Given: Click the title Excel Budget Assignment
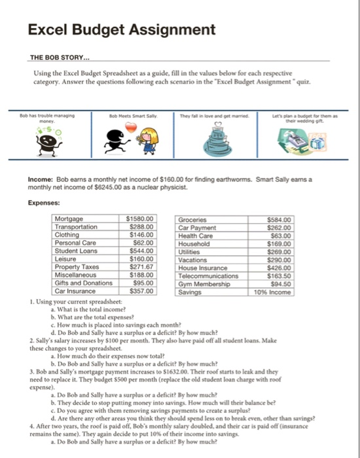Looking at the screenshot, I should (121, 29).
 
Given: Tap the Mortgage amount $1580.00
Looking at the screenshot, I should (139, 219).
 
